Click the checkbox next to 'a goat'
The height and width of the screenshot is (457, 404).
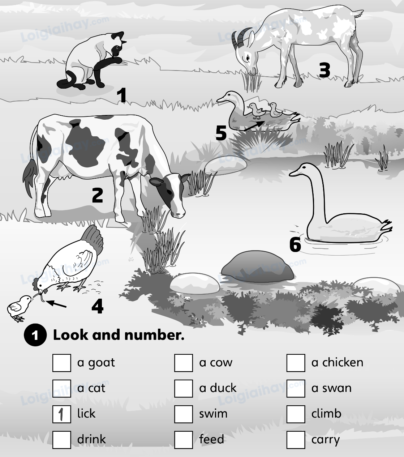click(61, 363)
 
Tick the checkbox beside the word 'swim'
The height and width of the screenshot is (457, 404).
click(183, 414)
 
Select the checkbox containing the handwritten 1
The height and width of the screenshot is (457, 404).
click(61, 414)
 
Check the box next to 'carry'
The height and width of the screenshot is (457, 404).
click(296, 440)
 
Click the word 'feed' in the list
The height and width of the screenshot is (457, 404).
click(211, 439)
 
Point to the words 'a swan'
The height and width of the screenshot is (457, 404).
click(331, 388)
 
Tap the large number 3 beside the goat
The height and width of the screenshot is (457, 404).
click(325, 70)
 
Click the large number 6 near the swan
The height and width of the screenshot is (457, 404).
click(295, 245)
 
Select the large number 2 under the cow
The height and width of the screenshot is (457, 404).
click(98, 195)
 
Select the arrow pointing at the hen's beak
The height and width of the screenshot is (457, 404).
click(57, 304)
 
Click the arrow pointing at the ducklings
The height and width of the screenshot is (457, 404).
click(254, 125)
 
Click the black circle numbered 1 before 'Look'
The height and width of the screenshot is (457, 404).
click(35, 336)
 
